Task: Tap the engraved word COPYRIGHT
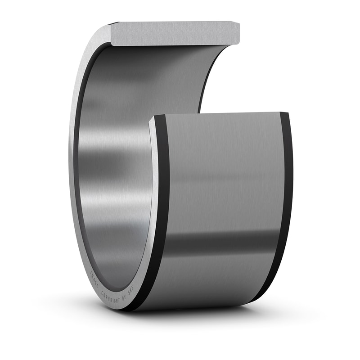(111, 295)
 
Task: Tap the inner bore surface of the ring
(117, 180)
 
